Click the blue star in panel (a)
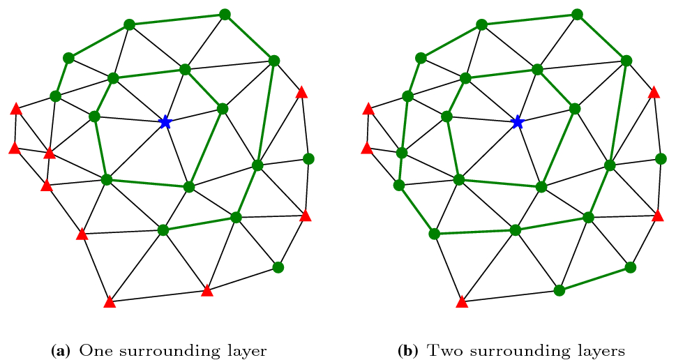pos(165,122)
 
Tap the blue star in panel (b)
pos(517,122)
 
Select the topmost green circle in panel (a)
pos(225,14)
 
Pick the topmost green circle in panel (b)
pos(577,14)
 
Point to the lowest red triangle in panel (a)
pos(109,302)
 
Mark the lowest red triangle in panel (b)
pos(461,302)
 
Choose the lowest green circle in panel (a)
pos(278,267)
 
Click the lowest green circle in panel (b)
pos(559,290)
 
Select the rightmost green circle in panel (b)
pos(661,158)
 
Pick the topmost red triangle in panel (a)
pos(301,92)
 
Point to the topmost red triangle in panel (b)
pos(654,92)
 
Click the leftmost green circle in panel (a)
pos(56,96)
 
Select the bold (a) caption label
pos(61,350)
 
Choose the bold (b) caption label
pos(410,350)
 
